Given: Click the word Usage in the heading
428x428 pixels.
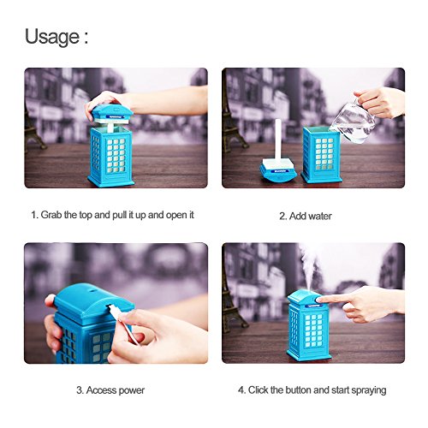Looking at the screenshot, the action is click(52, 37).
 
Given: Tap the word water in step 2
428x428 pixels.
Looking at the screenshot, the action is click(319, 216).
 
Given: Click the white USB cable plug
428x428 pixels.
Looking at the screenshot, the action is click(114, 309).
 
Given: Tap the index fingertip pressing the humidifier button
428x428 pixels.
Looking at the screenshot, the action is click(320, 300).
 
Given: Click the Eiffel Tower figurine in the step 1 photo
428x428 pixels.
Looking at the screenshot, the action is click(32, 126).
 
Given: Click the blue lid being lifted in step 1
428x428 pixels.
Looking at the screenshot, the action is click(112, 114).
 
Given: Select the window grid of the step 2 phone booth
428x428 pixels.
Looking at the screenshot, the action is click(324, 154).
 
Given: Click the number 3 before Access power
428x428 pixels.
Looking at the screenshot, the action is click(79, 390).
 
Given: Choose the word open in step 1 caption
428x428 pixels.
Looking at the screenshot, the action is click(175, 216).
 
